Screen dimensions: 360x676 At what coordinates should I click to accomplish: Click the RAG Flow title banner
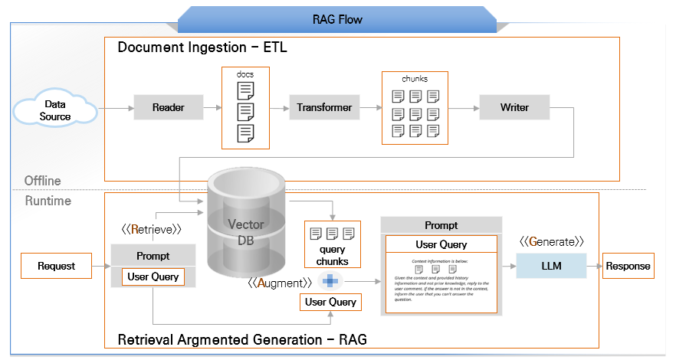[x=337, y=19]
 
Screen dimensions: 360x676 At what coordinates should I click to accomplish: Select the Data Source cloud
[x=55, y=110]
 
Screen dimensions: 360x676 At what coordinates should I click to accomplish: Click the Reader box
[x=168, y=108]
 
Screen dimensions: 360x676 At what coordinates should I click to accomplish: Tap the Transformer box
[x=324, y=108]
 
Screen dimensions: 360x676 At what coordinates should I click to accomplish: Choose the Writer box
[x=514, y=108]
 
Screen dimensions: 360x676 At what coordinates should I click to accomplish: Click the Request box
[x=56, y=267]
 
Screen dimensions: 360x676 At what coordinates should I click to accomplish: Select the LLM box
[x=551, y=266]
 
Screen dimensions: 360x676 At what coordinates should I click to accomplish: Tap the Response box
[x=628, y=266]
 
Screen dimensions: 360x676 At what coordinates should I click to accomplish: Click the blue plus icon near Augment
[x=330, y=281]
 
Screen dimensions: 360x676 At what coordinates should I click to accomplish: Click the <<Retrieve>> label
[x=151, y=229]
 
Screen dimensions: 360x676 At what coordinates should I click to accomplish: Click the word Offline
[x=42, y=181]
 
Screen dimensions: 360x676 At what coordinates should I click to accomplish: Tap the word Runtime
[x=48, y=201]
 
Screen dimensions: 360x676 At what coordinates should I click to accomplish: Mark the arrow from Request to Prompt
[x=101, y=267]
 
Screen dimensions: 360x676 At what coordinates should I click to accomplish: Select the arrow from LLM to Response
[x=595, y=266]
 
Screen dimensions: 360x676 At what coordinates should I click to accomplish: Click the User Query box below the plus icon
[x=330, y=302]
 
